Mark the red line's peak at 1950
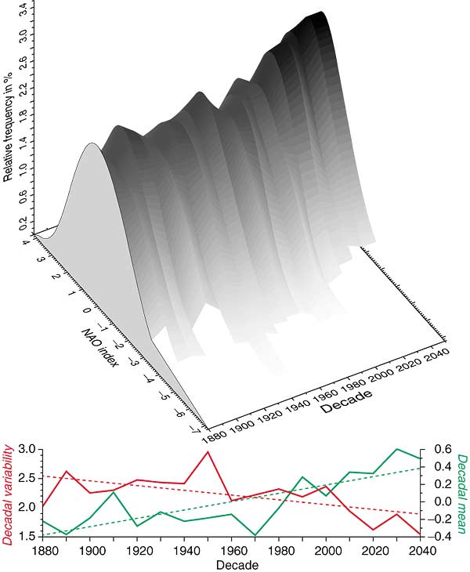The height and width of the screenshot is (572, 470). pyautogui.click(x=208, y=451)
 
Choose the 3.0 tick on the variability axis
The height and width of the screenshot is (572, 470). pyautogui.click(x=26, y=449)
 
